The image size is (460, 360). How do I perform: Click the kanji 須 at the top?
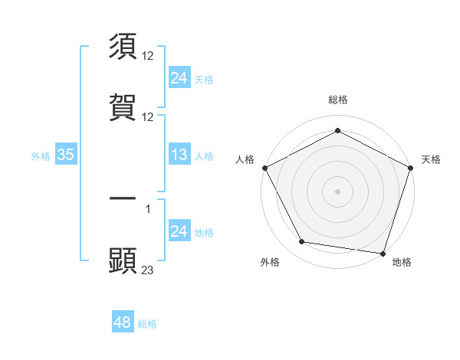(123, 47)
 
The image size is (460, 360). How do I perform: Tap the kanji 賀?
(123, 106)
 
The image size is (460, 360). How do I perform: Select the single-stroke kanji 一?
(123, 198)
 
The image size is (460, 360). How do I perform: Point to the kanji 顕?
(123, 260)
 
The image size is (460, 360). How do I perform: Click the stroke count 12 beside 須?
(148, 56)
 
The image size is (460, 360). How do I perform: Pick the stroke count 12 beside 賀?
(148, 116)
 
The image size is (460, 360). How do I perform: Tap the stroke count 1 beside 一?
(148, 208)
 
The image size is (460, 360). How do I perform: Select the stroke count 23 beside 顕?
(148, 270)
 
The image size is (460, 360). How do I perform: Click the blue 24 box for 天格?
(179, 77)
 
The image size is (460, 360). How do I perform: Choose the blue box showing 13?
(179, 155)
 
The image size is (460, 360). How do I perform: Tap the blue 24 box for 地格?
(179, 231)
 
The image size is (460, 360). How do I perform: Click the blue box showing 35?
(66, 155)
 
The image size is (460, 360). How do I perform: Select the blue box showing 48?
(123, 322)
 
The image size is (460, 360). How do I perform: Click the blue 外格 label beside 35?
(41, 155)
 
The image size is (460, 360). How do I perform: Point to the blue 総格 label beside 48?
(147, 324)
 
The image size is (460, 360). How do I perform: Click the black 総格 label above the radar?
(338, 100)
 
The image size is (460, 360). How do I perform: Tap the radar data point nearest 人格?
(264, 167)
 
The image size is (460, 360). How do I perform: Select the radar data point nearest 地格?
(383, 253)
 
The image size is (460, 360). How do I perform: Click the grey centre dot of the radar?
(337, 191)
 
